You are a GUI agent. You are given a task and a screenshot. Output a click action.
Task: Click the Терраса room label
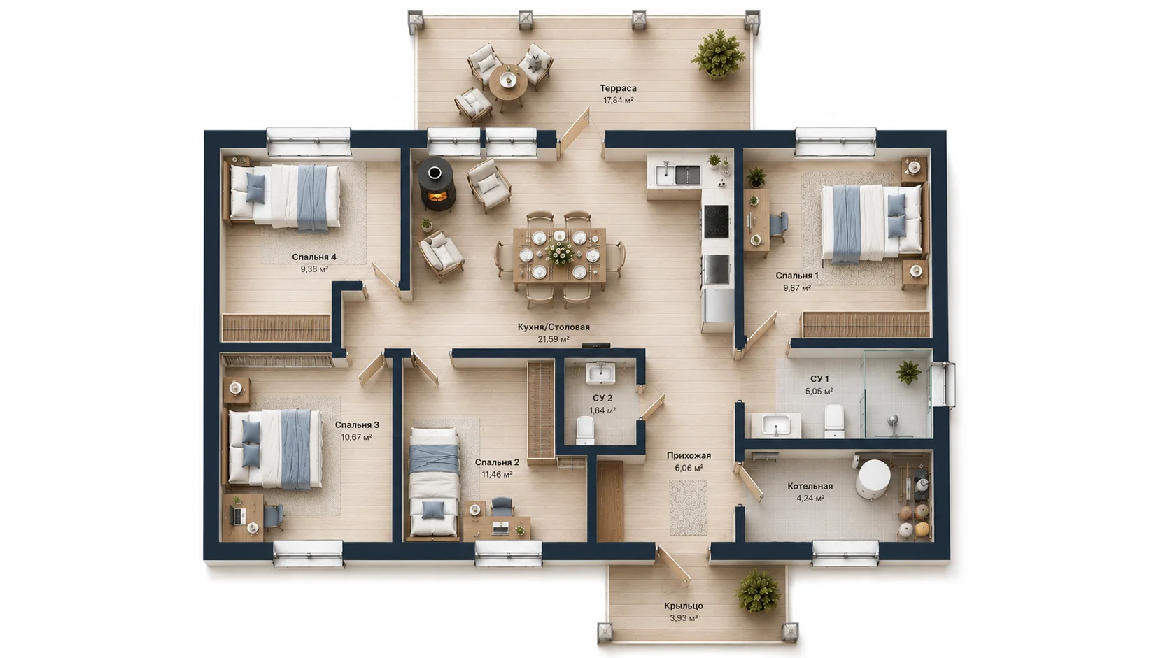click(618, 88)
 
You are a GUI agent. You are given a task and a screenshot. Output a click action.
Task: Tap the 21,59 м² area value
click(553, 339)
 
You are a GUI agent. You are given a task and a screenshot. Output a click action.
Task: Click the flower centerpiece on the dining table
click(560, 253)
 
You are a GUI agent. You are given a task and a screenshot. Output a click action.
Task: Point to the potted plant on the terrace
click(718, 55)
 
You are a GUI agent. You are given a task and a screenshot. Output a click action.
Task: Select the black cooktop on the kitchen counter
click(716, 221)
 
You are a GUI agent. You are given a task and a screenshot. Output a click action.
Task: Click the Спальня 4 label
click(314, 257)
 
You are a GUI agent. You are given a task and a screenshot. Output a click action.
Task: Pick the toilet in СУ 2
click(585, 431)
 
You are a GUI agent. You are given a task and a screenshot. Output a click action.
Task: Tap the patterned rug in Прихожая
click(689, 508)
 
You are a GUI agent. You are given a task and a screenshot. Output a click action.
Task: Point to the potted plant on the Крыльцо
click(758, 591)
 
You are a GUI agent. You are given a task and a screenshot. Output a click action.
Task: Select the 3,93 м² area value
click(684, 618)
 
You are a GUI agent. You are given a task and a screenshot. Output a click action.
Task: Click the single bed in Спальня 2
click(434, 482)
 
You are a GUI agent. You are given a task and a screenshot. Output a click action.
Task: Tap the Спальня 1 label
click(797, 276)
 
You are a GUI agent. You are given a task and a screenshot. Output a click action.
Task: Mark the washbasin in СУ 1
click(775, 424)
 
